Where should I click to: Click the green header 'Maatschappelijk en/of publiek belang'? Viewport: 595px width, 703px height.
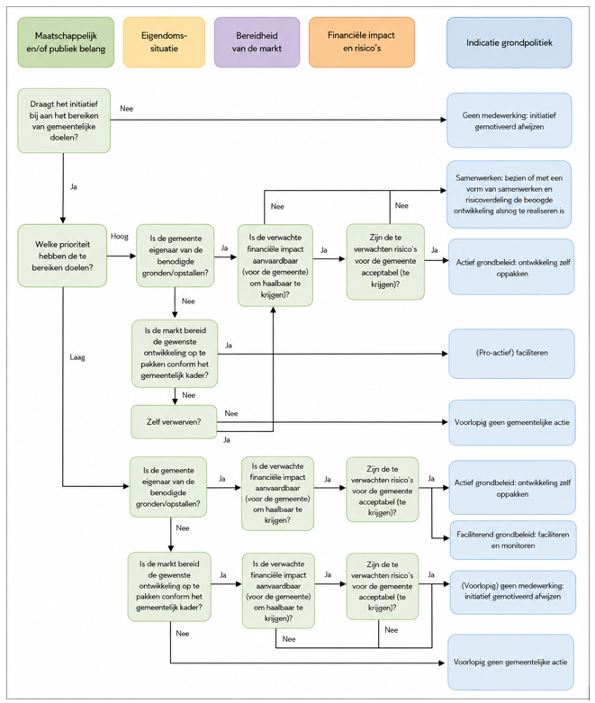pos(66,42)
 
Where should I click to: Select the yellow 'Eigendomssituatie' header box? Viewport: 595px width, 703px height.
pos(164,42)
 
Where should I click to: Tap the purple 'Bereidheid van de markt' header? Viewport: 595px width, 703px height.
pos(257,42)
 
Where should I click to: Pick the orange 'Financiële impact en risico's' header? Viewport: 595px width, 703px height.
pos(361,42)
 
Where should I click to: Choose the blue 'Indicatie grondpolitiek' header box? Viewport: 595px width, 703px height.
pos(509,42)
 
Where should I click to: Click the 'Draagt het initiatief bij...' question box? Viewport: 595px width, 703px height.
pos(64,121)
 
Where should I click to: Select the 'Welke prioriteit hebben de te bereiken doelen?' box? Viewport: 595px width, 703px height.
pos(62,256)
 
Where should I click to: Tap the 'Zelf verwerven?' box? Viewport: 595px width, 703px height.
pos(174,422)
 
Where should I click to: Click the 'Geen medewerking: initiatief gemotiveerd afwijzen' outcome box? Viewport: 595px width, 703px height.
pos(509,121)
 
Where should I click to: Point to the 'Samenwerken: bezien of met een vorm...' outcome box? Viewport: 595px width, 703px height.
pos(509,194)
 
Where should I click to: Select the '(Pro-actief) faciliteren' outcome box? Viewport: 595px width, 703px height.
pos(511,353)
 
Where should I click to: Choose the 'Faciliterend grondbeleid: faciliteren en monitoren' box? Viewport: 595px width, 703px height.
pos(513,540)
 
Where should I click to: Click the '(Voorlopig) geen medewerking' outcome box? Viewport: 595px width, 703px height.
pos(512,591)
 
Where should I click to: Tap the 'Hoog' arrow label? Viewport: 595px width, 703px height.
pos(119,236)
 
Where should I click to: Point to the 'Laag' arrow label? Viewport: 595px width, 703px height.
pos(77,357)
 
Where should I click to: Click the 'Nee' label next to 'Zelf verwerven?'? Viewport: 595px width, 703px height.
pos(231,413)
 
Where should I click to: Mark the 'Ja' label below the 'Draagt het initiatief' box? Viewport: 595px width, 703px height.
pos(74,186)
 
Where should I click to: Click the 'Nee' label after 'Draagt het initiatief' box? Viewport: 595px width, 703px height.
pos(126,109)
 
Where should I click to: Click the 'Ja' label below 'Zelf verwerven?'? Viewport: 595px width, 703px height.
pos(227,440)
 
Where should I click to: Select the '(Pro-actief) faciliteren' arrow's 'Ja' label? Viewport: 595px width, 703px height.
pos(229,346)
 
